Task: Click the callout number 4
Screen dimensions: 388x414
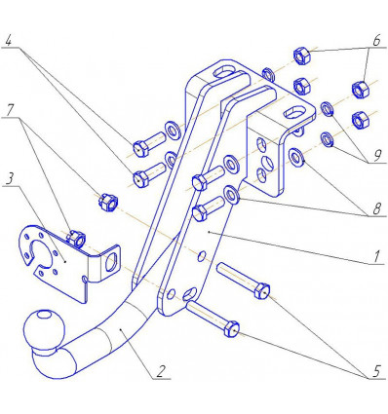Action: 9,41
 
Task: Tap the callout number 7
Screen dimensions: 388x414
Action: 10,111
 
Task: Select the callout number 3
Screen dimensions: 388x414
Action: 9,179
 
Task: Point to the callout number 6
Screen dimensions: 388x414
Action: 376,41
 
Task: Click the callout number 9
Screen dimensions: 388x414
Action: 377,156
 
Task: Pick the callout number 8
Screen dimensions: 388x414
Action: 377,208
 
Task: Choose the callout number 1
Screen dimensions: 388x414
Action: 376,257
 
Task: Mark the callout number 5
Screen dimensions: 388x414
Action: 376,371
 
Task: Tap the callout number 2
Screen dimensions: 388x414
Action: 161,372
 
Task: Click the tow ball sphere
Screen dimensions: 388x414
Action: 43,328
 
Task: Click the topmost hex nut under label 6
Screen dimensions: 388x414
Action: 302,56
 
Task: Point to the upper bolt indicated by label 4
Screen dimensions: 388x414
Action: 149,144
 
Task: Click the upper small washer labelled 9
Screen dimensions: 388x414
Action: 327,109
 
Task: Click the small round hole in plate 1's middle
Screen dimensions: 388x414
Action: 202,256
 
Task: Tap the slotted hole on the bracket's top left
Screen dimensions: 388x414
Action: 223,71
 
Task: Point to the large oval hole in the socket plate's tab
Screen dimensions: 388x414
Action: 111,262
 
